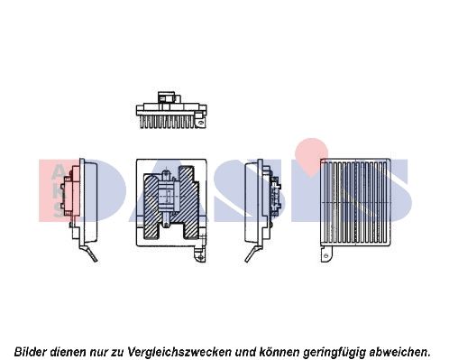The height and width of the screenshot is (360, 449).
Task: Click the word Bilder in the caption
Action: click(x=31, y=351)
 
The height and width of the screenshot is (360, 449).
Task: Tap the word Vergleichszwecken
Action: click(x=179, y=351)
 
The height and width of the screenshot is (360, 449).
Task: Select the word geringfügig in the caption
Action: click(x=334, y=351)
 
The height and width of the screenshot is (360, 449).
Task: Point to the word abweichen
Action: click(x=399, y=351)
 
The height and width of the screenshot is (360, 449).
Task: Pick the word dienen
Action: click(x=68, y=351)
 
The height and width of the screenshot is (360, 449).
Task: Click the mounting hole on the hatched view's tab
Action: click(x=200, y=256)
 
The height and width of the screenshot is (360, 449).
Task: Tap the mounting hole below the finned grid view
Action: click(x=326, y=255)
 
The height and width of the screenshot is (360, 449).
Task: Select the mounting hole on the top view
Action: click(x=202, y=122)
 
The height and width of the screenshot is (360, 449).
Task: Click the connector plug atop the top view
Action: click(x=169, y=98)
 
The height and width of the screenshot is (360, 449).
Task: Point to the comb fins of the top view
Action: click(x=167, y=122)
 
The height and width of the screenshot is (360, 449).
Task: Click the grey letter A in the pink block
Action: click(x=58, y=173)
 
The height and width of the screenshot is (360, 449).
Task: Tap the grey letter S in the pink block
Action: click(x=59, y=211)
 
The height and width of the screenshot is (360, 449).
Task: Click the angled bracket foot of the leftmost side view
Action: click(x=90, y=253)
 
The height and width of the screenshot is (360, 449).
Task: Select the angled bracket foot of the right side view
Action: click(x=252, y=254)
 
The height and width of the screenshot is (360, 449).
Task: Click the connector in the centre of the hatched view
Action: click(x=169, y=195)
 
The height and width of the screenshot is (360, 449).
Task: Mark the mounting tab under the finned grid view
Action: click(x=327, y=254)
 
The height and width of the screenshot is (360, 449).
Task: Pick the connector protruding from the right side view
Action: click(x=275, y=195)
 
